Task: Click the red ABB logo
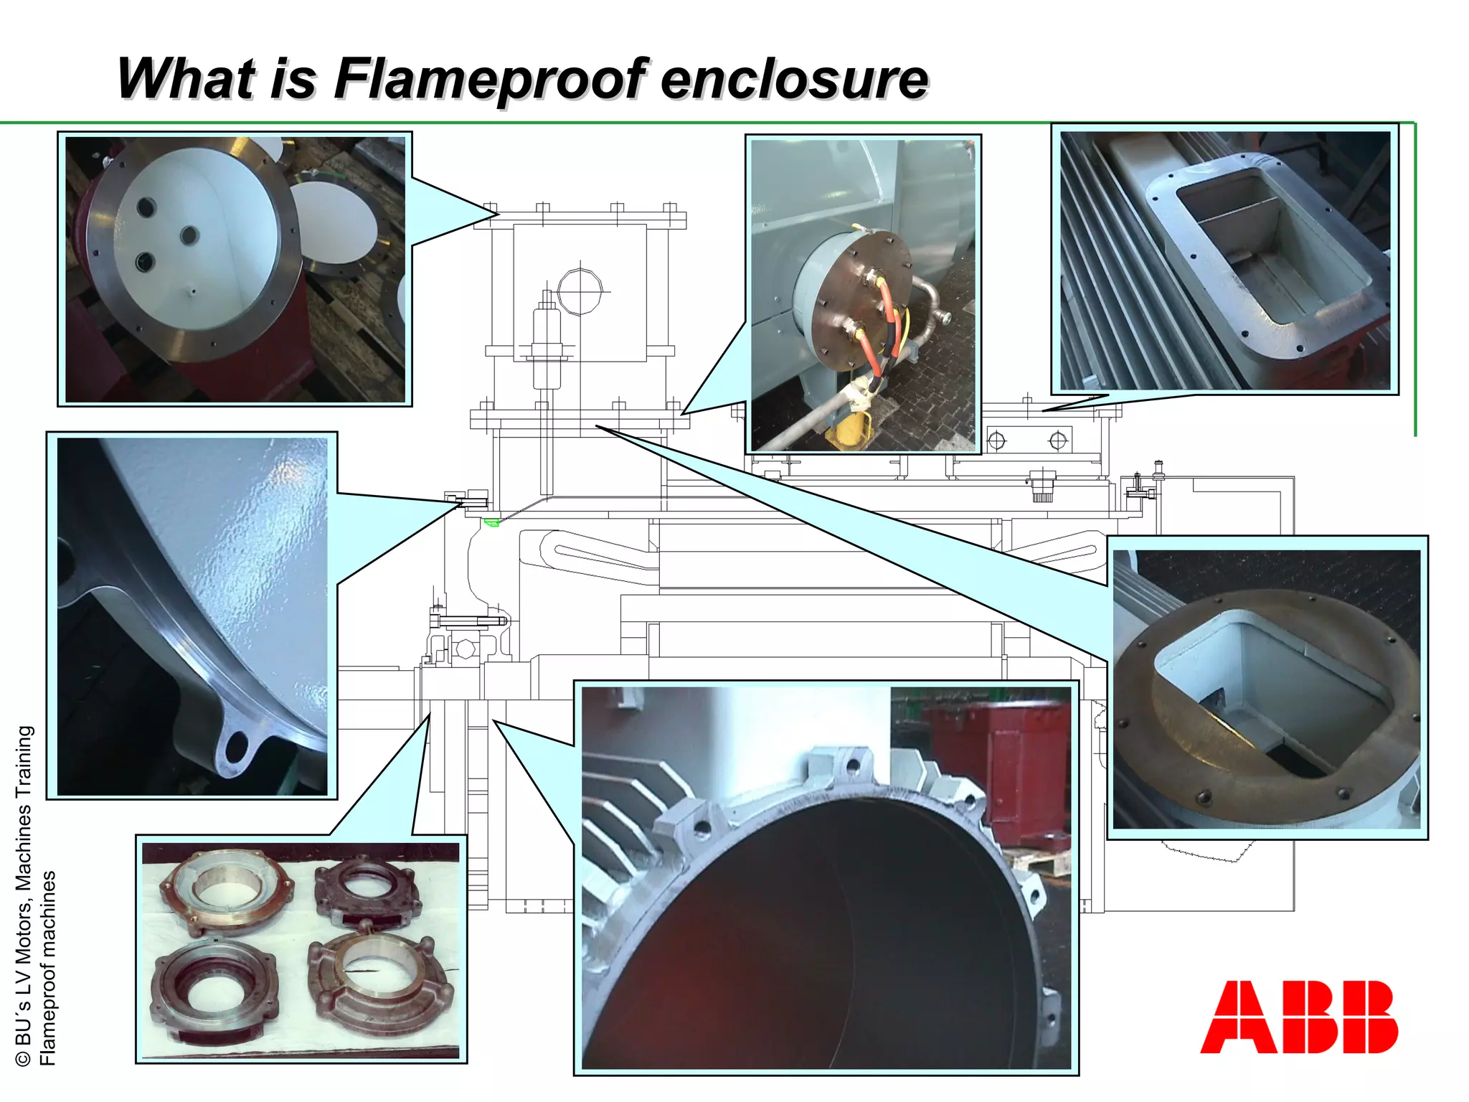[1299, 1017]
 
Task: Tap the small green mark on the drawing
[491, 522]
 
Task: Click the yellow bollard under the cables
[850, 430]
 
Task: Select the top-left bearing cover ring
[224, 890]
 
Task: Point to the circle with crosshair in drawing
[580, 291]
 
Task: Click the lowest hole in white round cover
[144, 262]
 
